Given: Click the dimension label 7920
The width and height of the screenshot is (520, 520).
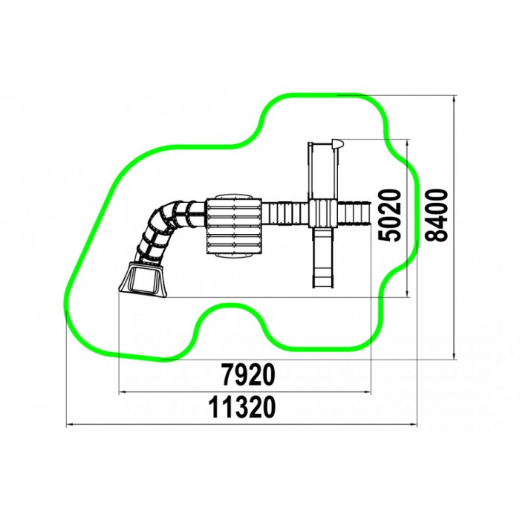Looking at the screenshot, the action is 248,374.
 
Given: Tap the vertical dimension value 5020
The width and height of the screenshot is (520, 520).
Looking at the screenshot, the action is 390,215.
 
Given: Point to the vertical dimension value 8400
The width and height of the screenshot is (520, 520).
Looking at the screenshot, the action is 437,215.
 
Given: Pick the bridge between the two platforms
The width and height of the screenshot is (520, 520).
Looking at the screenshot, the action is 285,213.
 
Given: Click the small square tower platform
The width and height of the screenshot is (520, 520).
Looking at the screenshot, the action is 322,213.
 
